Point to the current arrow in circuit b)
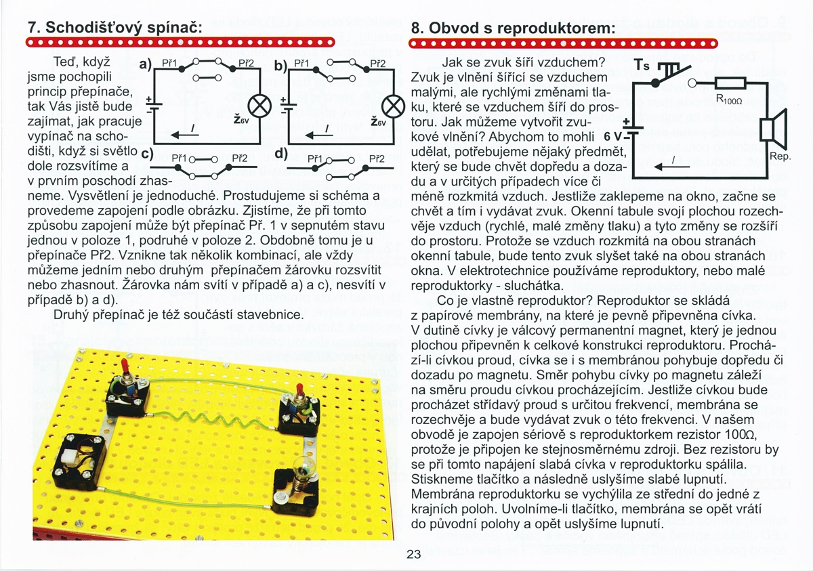pos(320,132)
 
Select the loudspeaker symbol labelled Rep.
pos(770,130)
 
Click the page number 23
pos(413,554)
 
